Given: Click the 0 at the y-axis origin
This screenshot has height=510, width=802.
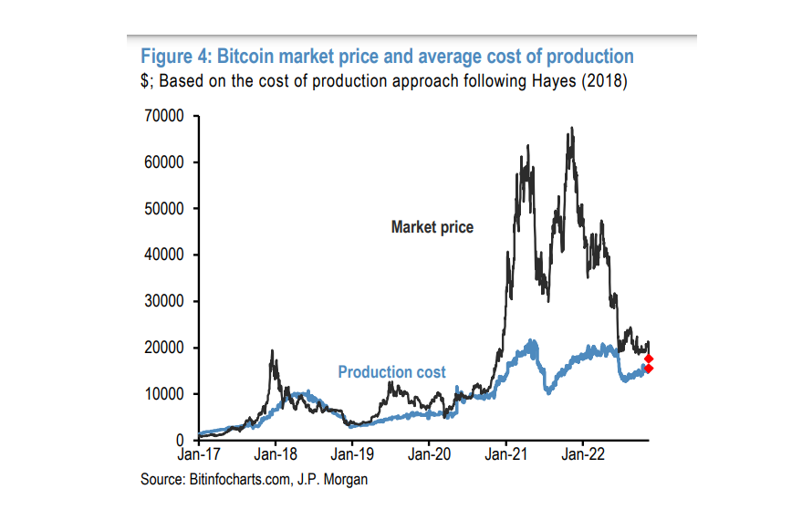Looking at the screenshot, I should click(182, 441).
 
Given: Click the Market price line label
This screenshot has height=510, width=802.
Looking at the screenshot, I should click(432, 227).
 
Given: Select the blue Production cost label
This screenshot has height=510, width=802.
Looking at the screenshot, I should click(391, 372).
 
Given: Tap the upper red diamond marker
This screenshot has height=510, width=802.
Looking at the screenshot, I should click(649, 358).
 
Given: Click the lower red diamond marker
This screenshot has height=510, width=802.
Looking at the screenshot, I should click(649, 369).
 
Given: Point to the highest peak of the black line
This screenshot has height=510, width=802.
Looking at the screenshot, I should click(571, 129).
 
